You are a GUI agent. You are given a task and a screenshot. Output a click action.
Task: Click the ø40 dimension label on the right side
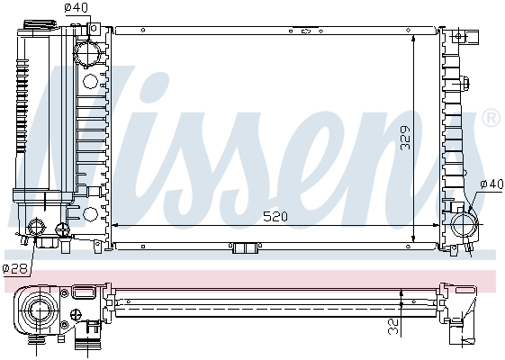(x=491, y=184)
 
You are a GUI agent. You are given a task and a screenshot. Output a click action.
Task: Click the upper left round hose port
(x=88, y=54)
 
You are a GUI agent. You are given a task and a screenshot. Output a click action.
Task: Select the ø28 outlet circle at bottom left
(x=39, y=228)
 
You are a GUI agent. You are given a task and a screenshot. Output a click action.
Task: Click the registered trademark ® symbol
(x=491, y=118)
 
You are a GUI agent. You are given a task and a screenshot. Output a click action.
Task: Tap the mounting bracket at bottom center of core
(x=244, y=248)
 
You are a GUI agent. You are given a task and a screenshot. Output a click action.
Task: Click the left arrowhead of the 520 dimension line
(x=114, y=224)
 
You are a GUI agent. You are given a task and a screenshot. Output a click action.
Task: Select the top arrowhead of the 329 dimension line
(x=411, y=38)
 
